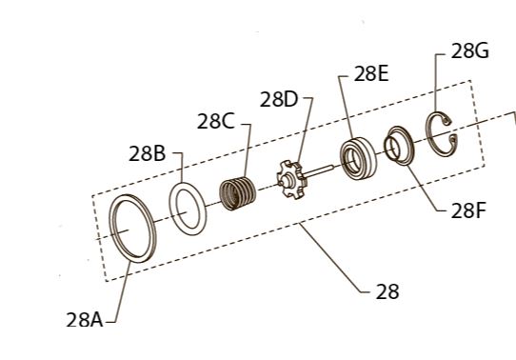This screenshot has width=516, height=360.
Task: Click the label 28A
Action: pyautogui.click(x=85, y=320)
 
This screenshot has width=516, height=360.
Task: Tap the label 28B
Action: pyautogui.click(x=147, y=153)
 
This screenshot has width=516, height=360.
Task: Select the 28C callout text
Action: pyautogui.click(x=215, y=121)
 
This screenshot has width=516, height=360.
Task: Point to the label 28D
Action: pyautogui.click(x=278, y=99)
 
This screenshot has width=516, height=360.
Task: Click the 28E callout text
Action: pyautogui.click(x=371, y=73)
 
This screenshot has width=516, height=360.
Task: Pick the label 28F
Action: pyautogui.click(x=468, y=210)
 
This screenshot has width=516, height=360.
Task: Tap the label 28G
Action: pyautogui.click(x=469, y=51)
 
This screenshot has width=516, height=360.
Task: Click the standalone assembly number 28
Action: pyautogui.click(x=387, y=291)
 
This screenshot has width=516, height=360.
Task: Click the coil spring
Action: pyautogui.click(x=238, y=193)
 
